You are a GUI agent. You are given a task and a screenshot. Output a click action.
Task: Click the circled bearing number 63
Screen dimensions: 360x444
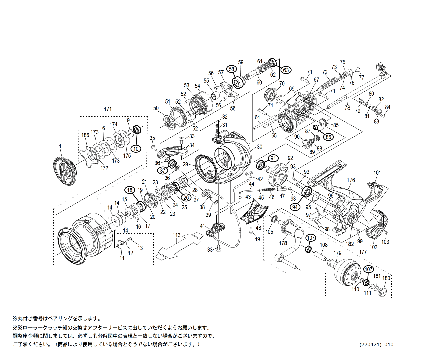(x=286, y=70)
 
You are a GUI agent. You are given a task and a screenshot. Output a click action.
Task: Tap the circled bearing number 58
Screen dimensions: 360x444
(x=231, y=69)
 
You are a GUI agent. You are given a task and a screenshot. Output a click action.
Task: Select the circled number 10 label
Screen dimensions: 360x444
(x=136, y=148)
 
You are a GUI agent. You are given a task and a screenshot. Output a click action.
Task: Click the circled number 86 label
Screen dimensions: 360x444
(x=328, y=137)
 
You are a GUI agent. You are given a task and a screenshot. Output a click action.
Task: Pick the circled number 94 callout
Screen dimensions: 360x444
(x=295, y=207)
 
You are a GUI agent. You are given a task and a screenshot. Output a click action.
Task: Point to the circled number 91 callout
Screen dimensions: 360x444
(x=274, y=158)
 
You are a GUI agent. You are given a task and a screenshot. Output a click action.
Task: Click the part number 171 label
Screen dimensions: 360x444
(x=108, y=109)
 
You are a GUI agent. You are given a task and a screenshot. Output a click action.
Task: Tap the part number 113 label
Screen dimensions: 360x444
(x=176, y=235)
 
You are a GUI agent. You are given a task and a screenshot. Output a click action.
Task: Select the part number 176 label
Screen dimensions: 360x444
(x=351, y=180)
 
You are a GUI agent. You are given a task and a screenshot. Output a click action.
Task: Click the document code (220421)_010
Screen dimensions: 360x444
(x=376, y=345)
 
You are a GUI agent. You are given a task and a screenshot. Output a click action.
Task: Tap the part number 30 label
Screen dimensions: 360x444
(x=260, y=147)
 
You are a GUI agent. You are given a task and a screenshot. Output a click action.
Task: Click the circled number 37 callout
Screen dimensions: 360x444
(x=163, y=170)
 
